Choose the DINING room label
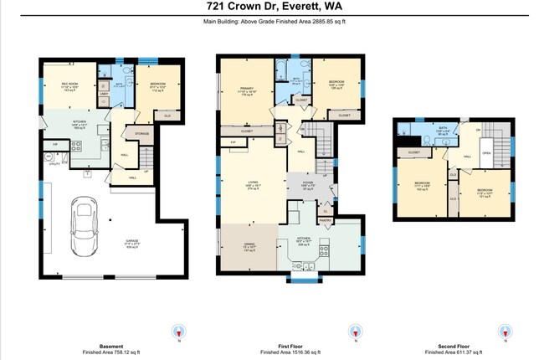pyautogui.click(x=249, y=245)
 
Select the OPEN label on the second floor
pyautogui.click(x=486, y=153)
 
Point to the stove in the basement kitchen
pyautogui.click(x=75, y=145)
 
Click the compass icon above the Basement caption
pyautogui.click(x=178, y=331)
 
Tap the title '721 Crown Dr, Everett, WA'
pyautogui.click(x=272, y=8)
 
